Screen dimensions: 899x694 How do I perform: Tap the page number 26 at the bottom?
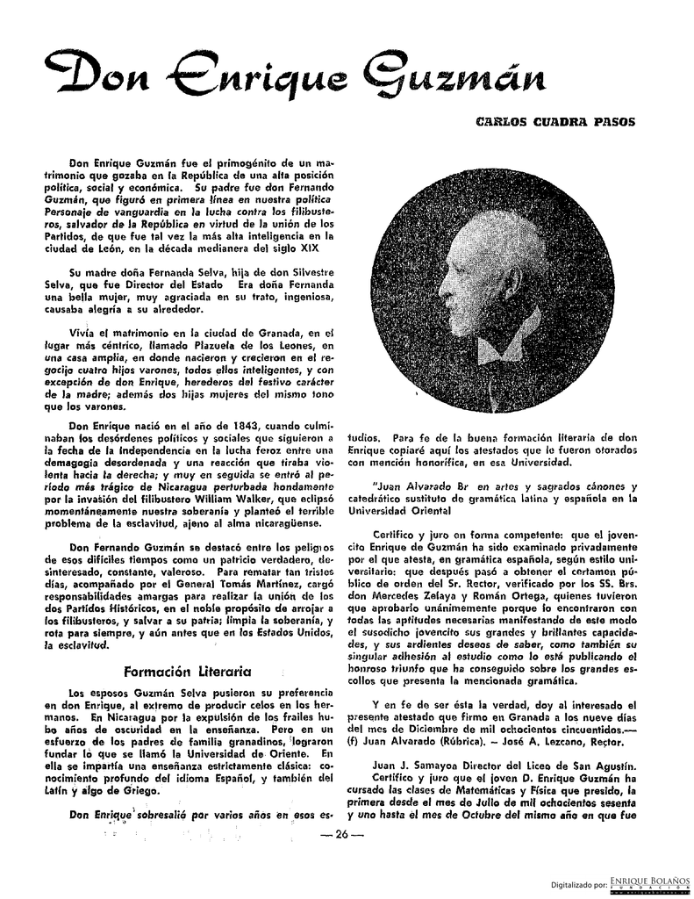336,833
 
